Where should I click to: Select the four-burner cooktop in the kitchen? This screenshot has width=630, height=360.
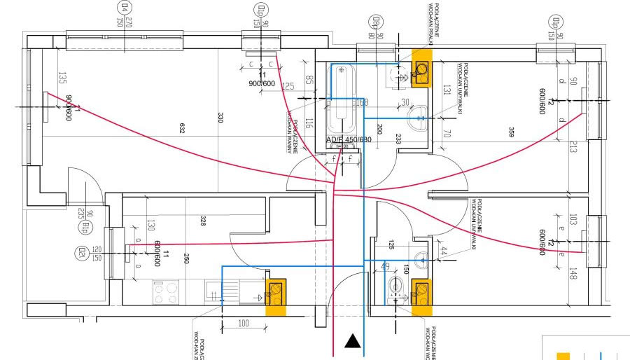pyautogui.click(x=166, y=291)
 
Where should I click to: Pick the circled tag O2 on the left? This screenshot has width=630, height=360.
pyautogui.click(x=83, y=251)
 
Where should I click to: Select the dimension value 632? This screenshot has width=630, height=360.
pyautogui.click(x=182, y=128)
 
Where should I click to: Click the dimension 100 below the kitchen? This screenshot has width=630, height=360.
pyautogui.click(x=243, y=323)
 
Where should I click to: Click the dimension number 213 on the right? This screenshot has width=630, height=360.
pyautogui.click(x=573, y=146)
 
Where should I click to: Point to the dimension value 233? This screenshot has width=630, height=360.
pyautogui.click(x=398, y=139)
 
